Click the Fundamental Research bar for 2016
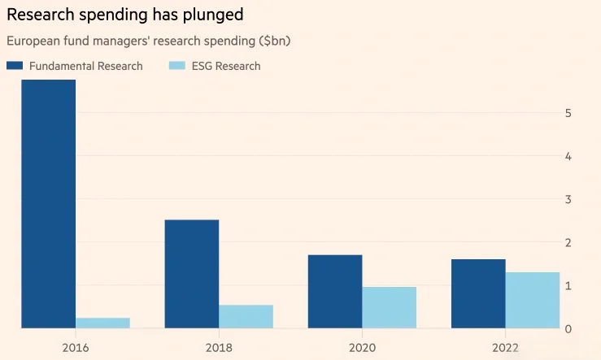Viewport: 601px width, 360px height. point(48,203)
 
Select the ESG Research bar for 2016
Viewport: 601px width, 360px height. point(102,323)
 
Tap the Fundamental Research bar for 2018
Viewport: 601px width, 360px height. point(191,274)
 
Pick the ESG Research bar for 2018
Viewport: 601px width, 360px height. point(246,316)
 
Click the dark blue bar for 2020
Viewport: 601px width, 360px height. point(334,291)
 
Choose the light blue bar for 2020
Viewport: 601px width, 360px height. point(389,307)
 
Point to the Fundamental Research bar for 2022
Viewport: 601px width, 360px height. point(478,293)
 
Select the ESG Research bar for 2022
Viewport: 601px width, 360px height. point(533,300)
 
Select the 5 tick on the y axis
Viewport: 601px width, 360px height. point(567,113)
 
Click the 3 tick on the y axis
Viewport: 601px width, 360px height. point(567,199)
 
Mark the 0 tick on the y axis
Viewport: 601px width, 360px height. point(567,328)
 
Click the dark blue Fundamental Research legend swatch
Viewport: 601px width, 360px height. point(15,66)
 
